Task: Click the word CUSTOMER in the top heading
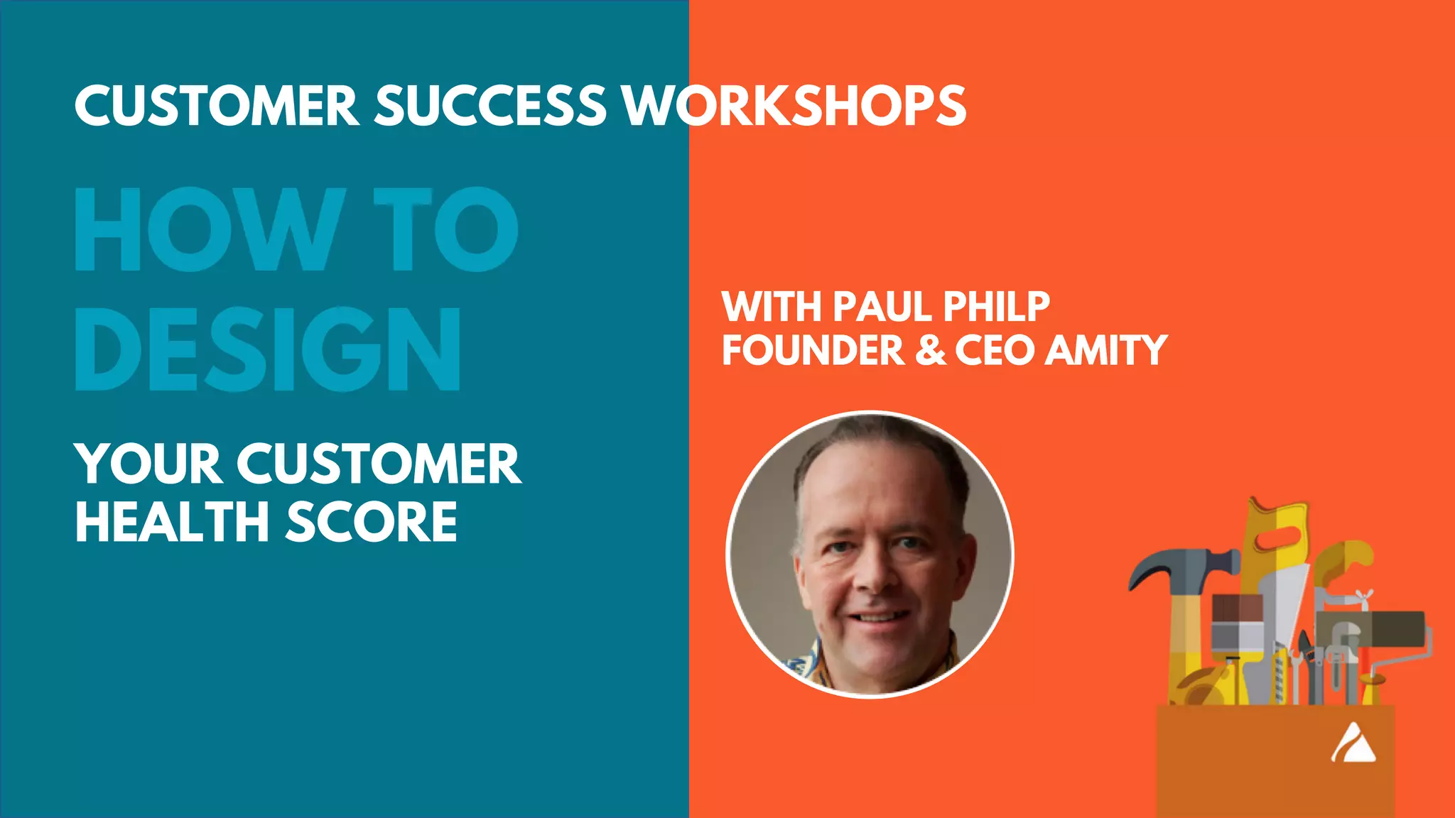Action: point(216,107)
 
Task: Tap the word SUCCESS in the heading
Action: point(490,107)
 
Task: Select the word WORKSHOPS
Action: point(794,107)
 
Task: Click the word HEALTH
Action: point(171,522)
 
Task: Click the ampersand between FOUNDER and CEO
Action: point(930,350)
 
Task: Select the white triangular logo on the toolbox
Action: point(1353,744)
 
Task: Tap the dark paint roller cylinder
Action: point(1371,628)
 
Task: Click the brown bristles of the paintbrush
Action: point(1237,608)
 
